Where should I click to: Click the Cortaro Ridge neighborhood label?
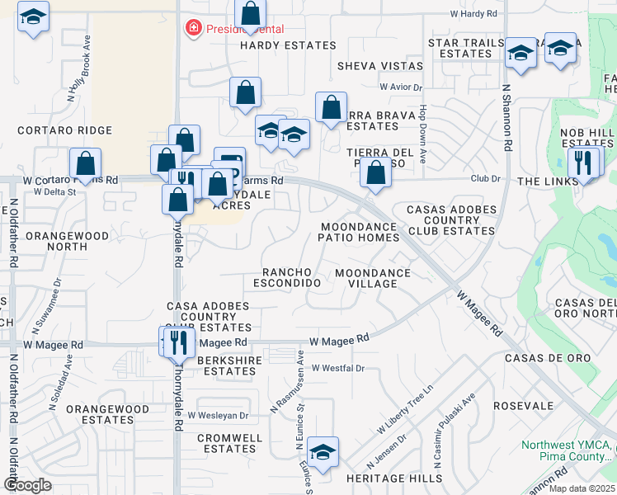[x=64, y=130]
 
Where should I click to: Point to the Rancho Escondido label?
[x=291, y=277]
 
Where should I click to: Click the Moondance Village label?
[x=373, y=277]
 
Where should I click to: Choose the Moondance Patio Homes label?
[x=359, y=231]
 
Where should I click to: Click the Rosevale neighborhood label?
[x=523, y=406]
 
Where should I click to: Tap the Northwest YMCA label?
[x=568, y=450]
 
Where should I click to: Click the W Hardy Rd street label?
[x=473, y=14]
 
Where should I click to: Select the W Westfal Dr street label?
[x=337, y=368]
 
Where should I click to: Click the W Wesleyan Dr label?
[x=218, y=416]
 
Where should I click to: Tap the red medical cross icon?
[x=194, y=29]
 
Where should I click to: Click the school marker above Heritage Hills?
[x=323, y=452]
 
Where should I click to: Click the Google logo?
[x=27, y=484]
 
